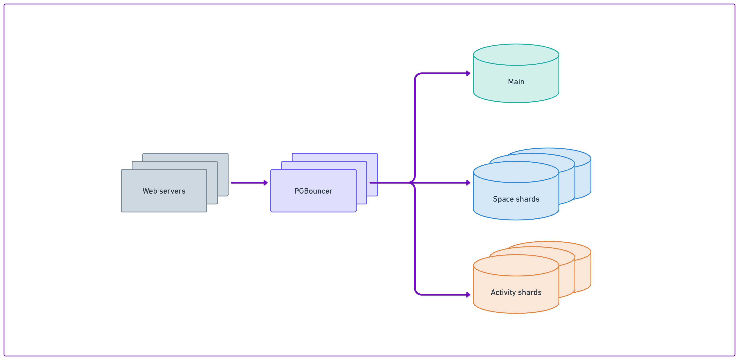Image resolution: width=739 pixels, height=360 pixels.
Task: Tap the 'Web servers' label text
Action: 164,191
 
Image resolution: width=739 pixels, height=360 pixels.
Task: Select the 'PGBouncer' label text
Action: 313,191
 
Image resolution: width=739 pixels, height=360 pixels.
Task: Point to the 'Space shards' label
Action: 516,199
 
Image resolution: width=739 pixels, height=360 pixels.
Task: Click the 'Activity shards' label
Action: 516,292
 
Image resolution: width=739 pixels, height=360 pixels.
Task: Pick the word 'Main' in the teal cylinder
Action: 516,82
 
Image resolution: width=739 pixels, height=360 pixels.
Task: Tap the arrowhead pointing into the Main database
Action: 468,73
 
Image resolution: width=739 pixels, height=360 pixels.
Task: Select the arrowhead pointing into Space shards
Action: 468,182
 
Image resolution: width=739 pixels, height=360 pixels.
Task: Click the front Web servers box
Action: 164,201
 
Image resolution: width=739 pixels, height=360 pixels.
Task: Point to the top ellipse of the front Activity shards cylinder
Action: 516,265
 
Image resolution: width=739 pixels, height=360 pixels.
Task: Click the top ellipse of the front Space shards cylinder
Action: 516,172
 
